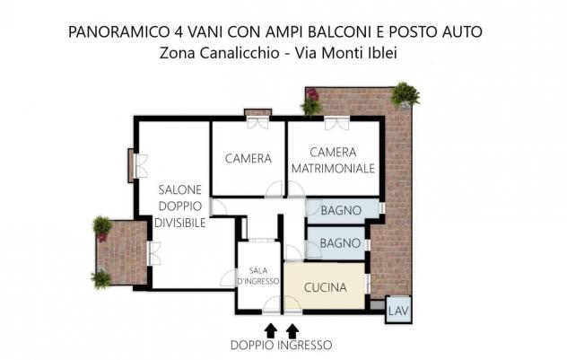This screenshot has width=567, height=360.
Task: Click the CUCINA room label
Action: coord(325,287)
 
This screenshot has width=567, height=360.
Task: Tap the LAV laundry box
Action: coord(398,310)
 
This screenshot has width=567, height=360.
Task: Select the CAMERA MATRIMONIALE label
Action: coord(333,161)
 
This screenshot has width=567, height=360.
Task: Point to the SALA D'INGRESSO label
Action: coord(258,276)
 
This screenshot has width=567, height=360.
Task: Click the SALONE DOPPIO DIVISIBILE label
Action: coord(180,206)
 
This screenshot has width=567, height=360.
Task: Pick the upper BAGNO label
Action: coord(341,210)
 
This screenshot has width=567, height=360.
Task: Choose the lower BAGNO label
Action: coord(340,242)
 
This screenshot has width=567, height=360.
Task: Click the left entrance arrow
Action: coord(271,330)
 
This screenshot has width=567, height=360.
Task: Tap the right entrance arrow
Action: coord(292,330)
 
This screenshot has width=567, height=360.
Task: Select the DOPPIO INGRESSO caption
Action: coord(281,345)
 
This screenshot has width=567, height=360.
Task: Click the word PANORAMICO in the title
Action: coord(117,31)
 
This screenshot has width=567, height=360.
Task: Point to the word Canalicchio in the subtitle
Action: coord(240,53)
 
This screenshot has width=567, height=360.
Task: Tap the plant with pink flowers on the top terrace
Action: coord(310,101)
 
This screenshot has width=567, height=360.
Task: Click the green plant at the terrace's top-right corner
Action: coord(406,94)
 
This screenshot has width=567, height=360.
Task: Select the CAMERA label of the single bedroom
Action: coord(248,159)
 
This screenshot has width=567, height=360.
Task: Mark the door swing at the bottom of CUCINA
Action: coord(292,303)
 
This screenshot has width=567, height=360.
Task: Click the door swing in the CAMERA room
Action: coord(274,189)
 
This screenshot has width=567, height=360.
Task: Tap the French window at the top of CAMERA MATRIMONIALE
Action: coord(336,123)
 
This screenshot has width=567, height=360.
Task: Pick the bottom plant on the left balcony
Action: coord(101,278)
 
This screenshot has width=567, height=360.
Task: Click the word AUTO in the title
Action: coord(461,31)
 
